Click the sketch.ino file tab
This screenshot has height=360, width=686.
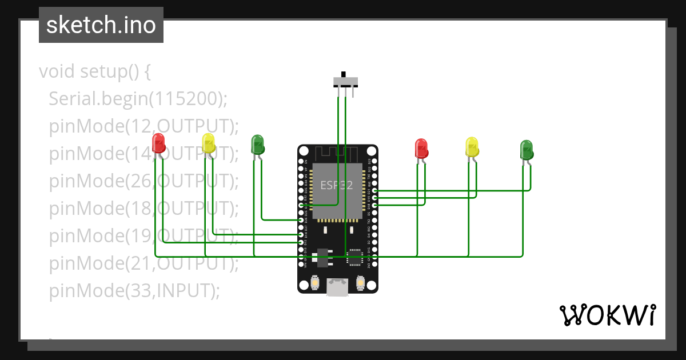pyautogui.click(x=101, y=25)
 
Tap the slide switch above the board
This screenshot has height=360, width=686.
pyautogui.click(x=346, y=82)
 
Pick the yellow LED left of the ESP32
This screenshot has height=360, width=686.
pyautogui.click(x=208, y=143)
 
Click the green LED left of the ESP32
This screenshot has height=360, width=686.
pyautogui.click(x=257, y=144)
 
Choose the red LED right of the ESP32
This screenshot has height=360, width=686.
pyautogui.click(x=421, y=147)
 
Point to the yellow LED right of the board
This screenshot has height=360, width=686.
pyautogui.click(x=471, y=147)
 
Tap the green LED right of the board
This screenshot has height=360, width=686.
pyautogui.click(x=526, y=150)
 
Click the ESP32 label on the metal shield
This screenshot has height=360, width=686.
pyautogui.click(x=336, y=185)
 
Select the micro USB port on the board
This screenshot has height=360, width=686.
pyautogui.click(x=337, y=287)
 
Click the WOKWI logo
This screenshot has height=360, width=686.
pyautogui.click(x=607, y=315)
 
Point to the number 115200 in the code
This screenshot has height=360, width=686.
pyautogui.click(x=185, y=99)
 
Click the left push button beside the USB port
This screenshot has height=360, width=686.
pyautogui.click(x=315, y=282)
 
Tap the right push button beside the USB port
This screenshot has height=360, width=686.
pyautogui.click(x=360, y=282)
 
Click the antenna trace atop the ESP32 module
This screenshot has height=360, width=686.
pyautogui.click(x=337, y=154)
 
